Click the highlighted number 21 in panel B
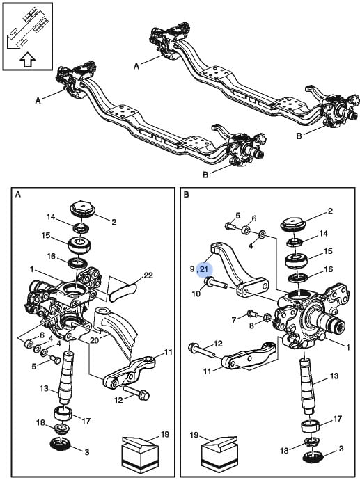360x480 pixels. coord(204,269)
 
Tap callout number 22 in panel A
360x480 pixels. coord(148,275)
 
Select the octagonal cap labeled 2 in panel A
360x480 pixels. coord(83,209)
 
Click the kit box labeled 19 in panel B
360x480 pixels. coord(219,455)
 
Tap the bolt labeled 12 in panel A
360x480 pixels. coord(136,392)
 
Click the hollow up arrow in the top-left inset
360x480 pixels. coord(28,59)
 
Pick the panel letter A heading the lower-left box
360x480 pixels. coord(18,194)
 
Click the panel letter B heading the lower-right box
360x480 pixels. coord(186,194)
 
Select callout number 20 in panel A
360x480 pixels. coord(94,339)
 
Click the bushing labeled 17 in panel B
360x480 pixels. coord(311,426)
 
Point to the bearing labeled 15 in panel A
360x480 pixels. coord(79,245)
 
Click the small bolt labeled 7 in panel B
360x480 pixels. coord(252,314)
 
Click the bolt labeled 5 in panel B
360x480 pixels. coord(230,227)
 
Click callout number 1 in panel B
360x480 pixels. coord(347,347)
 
